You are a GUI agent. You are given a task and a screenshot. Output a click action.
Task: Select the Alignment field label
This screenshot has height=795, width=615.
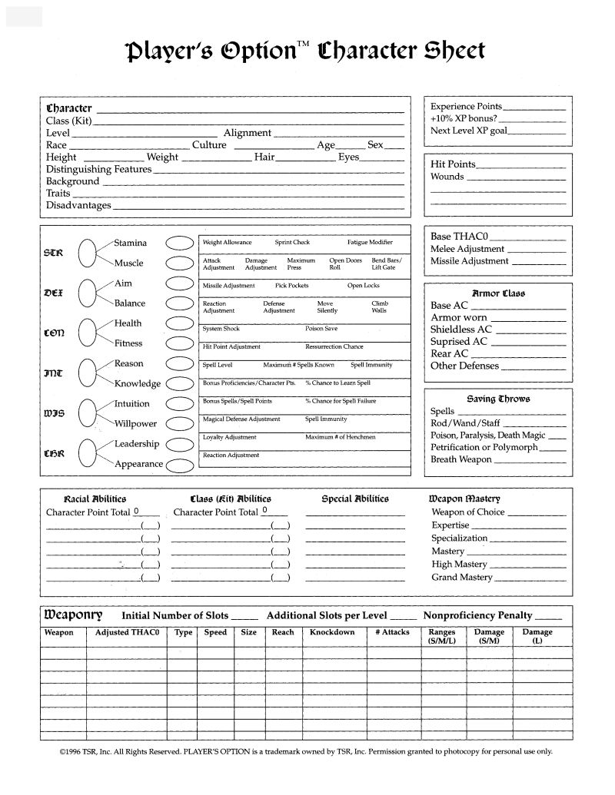coord(247,133)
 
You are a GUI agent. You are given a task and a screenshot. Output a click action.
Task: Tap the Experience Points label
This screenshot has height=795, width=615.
coord(466,107)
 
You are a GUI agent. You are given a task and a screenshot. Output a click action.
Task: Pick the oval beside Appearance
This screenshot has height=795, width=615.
coord(179,465)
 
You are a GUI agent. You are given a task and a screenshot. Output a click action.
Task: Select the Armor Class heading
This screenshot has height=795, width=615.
coord(498,293)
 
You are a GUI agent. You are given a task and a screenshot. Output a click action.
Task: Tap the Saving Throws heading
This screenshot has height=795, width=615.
coord(498,399)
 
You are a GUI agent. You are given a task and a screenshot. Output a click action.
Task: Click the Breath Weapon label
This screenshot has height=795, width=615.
coord(460,459)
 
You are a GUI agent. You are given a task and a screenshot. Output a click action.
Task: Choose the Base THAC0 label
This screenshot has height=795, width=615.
coord(460,237)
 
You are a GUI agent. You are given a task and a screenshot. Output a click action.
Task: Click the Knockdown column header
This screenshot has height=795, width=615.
coord(332,632)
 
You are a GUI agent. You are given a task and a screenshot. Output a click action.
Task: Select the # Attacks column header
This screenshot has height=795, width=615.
coord(392,632)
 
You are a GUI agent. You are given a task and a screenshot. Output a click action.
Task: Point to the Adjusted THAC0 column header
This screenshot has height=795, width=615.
coord(126,632)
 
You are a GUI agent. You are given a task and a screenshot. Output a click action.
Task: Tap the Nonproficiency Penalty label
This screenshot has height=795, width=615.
coord(477,615)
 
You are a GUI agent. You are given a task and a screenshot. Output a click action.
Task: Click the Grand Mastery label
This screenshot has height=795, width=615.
coord(462,577)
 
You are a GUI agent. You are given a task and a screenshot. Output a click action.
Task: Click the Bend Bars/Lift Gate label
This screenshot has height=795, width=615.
coord(386,264)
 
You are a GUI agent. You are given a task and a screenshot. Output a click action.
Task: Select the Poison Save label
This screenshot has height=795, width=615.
coord(321,329)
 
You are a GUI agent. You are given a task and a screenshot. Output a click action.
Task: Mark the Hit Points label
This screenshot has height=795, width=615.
coord(453,164)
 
